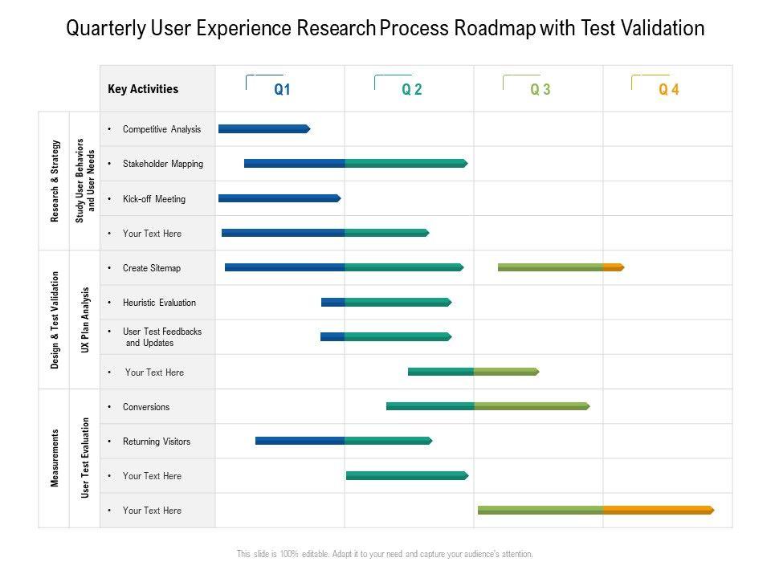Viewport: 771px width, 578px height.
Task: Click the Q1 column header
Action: (282, 90)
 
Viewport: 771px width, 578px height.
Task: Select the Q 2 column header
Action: (412, 90)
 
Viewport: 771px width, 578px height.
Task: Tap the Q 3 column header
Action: (541, 90)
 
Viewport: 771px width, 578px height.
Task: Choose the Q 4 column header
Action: (669, 90)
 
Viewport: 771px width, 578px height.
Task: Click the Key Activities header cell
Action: (143, 89)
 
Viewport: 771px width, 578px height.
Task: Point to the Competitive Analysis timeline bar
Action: (263, 128)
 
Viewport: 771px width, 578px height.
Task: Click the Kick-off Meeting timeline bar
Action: (279, 197)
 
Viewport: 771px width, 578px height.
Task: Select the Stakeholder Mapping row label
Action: (163, 164)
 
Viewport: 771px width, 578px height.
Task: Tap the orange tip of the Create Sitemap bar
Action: (614, 267)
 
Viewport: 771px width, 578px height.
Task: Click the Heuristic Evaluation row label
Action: (159, 303)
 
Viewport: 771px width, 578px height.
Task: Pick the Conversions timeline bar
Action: (487, 406)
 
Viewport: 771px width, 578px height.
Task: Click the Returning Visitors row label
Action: (157, 442)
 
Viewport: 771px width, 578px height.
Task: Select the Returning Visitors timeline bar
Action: (343, 441)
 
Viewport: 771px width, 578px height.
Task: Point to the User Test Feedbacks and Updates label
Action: (161, 337)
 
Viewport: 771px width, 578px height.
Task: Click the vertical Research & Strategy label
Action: (55, 181)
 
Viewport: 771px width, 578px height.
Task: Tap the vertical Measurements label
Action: (55, 458)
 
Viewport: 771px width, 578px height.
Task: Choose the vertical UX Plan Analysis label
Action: (85, 320)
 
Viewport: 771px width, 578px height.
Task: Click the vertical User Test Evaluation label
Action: (85, 458)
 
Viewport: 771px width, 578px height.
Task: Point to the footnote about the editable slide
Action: (385, 554)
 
